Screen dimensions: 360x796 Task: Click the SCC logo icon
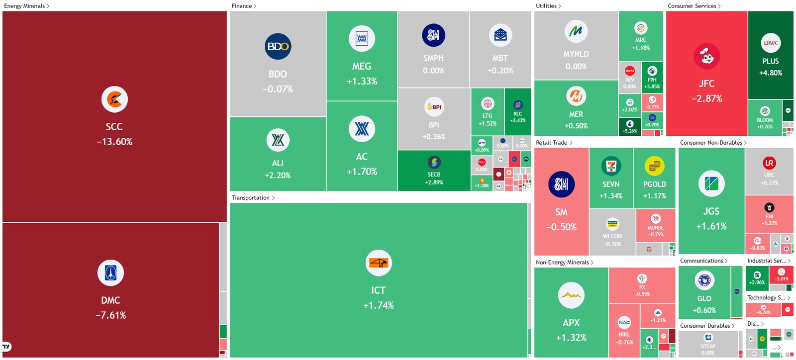[114, 99]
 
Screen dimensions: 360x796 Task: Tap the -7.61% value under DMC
[110, 315]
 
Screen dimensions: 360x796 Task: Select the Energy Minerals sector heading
[24, 6]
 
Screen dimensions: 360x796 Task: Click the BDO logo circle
[278, 46]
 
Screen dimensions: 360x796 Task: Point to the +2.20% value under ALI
[278, 176]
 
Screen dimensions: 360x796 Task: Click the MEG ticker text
[362, 66]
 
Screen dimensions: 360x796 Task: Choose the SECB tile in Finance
[434, 171]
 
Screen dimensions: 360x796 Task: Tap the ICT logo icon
[378, 263]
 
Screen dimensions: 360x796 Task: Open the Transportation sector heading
[250, 198]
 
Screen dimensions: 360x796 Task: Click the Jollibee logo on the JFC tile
[706, 56]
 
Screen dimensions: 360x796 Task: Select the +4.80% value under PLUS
[770, 73]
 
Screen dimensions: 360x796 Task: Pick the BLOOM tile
[765, 117]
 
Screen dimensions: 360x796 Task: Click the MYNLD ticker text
[576, 54]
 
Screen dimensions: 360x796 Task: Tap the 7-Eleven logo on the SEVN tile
[611, 166]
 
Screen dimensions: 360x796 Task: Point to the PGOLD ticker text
[654, 184]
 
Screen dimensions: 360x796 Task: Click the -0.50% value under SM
[561, 227]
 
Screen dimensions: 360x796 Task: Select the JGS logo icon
[711, 183]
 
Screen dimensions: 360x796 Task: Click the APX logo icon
[571, 295]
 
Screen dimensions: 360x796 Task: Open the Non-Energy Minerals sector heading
[562, 263]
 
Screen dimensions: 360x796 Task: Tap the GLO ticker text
[704, 298]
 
